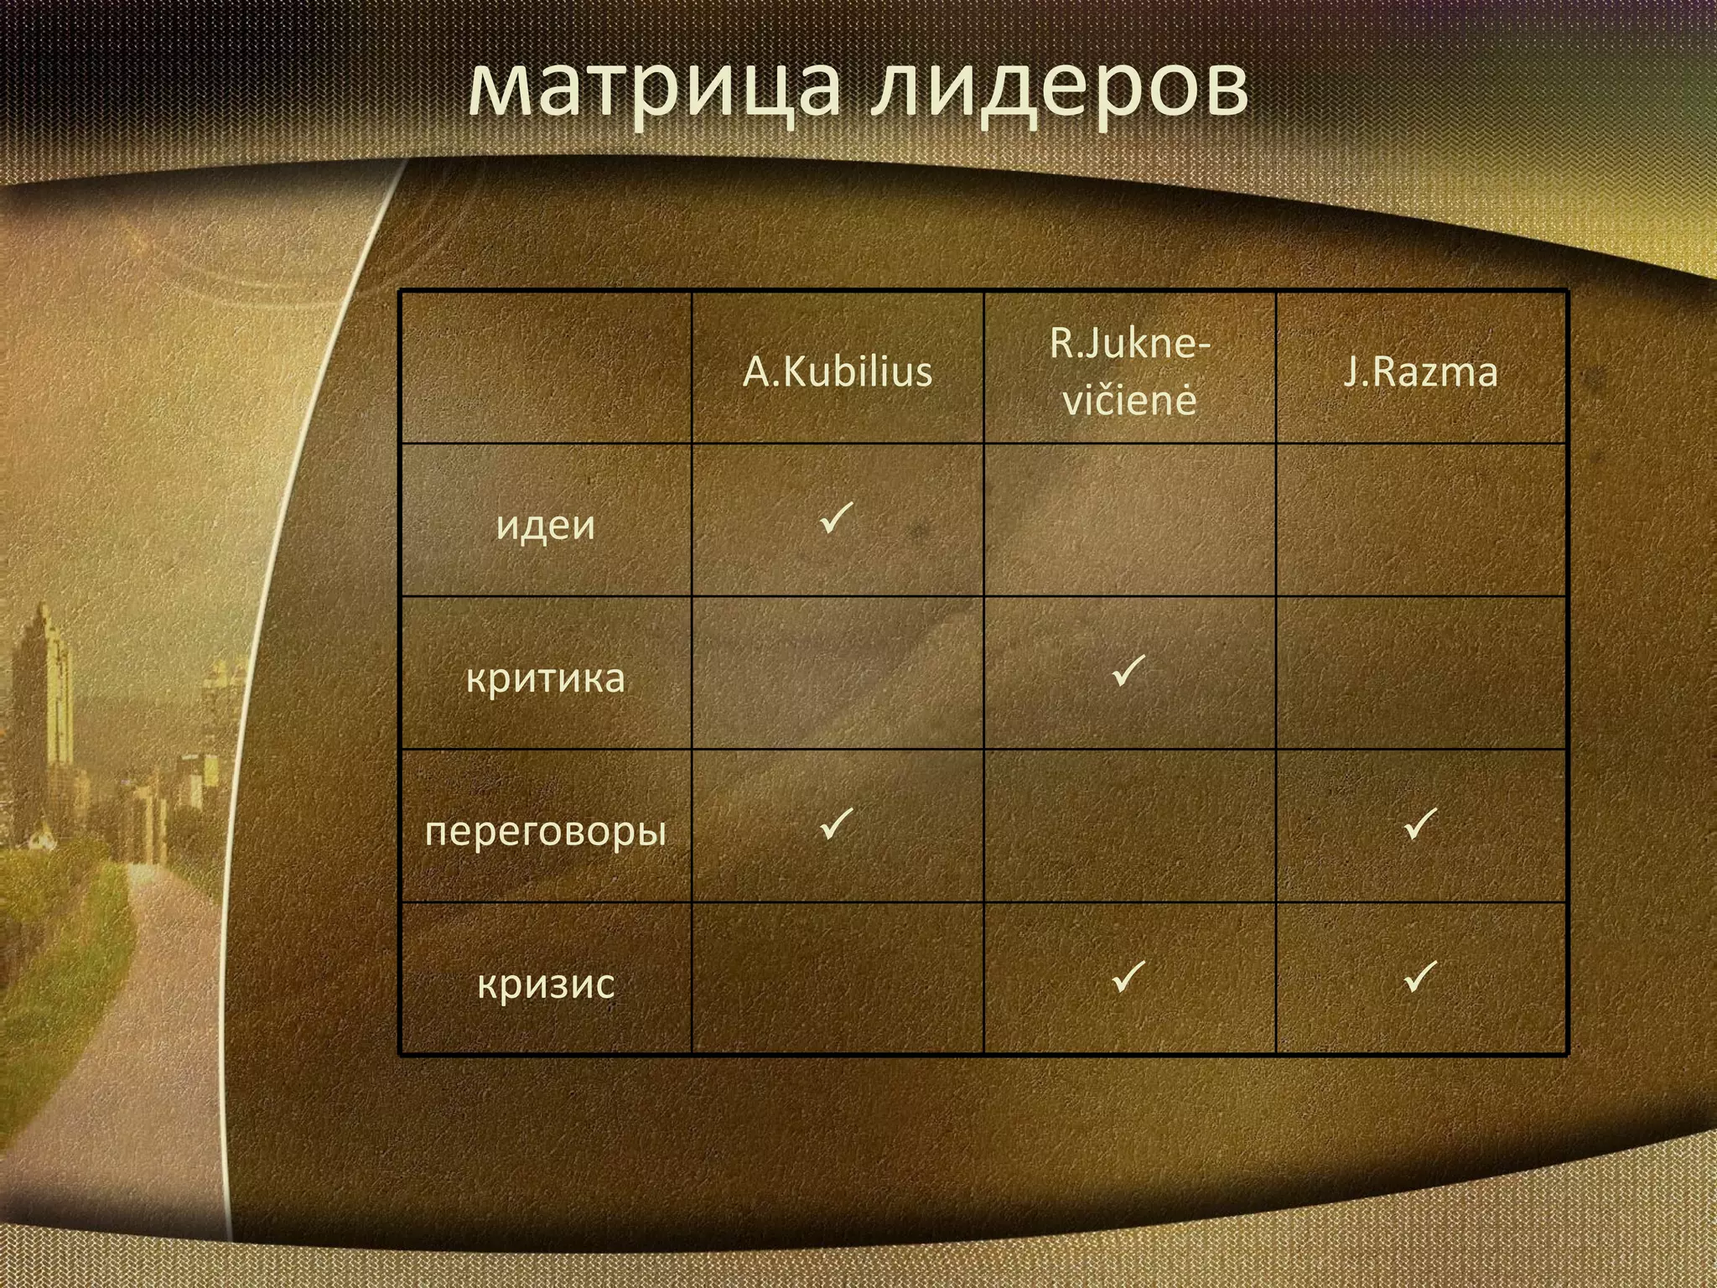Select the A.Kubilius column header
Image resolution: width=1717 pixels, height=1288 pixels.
pos(837,371)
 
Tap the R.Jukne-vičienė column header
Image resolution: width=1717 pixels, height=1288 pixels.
pos(1129,371)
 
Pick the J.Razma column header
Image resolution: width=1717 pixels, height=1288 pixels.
pos(1420,371)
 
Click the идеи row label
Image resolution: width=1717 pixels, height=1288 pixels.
pos(545,525)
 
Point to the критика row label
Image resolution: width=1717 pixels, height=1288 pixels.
pos(545,678)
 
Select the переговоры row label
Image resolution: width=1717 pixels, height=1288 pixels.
pos(545,830)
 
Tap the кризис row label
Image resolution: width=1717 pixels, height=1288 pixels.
pos(545,983)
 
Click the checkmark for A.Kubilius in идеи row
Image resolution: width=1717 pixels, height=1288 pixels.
pos(836,517)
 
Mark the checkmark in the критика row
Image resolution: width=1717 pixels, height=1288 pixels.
pos(1128,671)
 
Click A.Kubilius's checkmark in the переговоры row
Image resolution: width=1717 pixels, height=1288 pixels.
pos(836,823)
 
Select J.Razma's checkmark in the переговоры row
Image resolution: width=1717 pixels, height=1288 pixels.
pos(1420,823)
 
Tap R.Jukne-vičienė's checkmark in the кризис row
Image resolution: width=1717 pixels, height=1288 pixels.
pos(1128,976)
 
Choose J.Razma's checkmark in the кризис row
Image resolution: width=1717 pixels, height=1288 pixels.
pos(1420,976)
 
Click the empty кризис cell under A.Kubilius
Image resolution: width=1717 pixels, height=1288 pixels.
pos(837,978)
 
